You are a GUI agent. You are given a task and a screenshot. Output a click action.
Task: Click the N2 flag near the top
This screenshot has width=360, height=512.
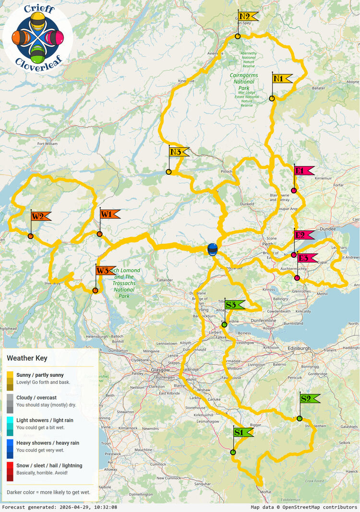pyautogui.click(x=248, y=16)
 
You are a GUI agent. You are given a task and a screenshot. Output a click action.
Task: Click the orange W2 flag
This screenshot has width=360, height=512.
pyautogui.click(x=41, y=216)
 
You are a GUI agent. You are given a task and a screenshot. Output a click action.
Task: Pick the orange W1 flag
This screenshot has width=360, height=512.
pyautogui.click(x=109, y=214)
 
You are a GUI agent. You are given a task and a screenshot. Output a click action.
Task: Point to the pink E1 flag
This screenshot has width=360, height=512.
pyautogui.click(x=303, y=170)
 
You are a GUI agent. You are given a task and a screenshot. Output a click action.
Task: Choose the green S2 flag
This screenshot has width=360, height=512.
pyautogui.click(x=309, y=398)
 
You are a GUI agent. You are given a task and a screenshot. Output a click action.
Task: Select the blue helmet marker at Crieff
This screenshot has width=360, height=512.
pyautogui.click(x=212, y=250)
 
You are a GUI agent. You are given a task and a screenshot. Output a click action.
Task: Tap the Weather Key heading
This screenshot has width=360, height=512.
pyautogui.click(x=27, y=358)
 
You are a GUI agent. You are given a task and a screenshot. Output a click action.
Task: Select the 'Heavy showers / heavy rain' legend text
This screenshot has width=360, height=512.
pyautogui.click(x=48, y=443)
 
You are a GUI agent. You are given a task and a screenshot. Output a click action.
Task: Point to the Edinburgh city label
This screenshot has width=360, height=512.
pyautogui.click(x=300, y=347)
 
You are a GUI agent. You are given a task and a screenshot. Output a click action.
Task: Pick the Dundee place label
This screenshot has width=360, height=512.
pyautogui.click(x=328, y=229)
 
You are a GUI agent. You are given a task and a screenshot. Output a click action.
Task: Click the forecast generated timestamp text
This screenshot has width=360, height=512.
pyautogui.click(x=60, y=507)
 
